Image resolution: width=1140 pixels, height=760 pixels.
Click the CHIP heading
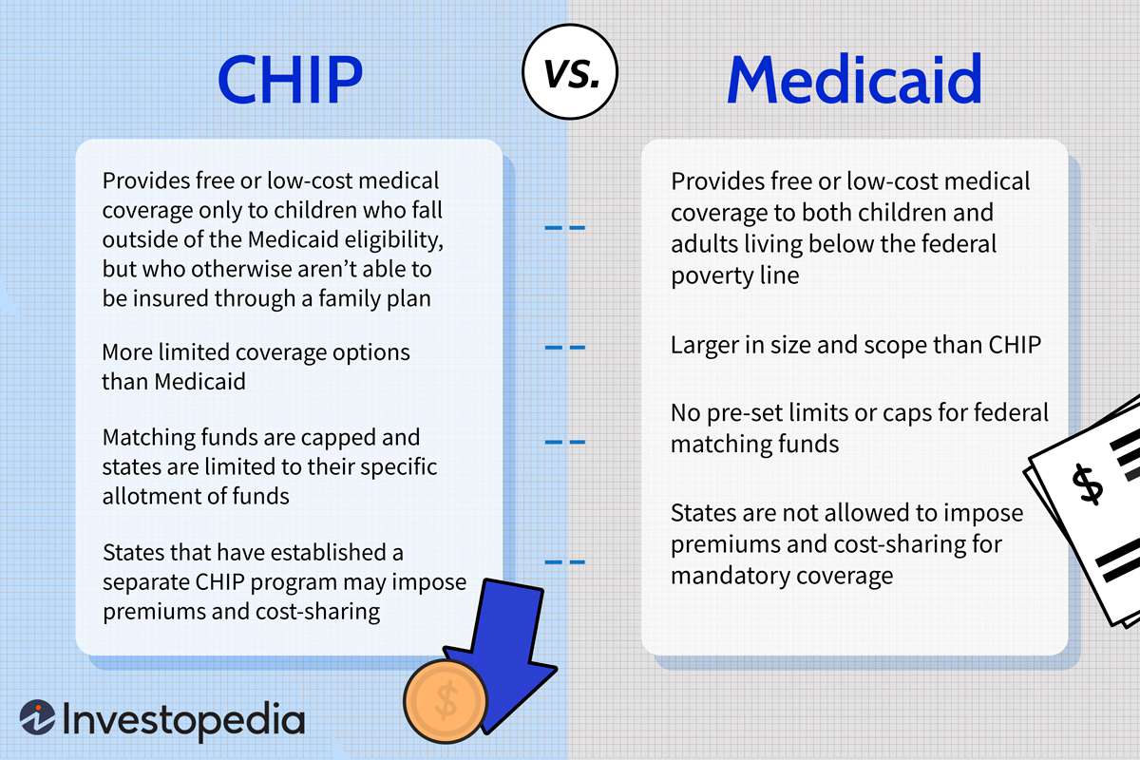coord(290,80)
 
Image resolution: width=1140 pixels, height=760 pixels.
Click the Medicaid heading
coord(855,79)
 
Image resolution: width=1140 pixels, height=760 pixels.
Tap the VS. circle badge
coord(570,72)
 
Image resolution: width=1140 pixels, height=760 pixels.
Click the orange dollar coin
coord(446,700)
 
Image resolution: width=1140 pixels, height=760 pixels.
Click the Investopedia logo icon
coord(38,717)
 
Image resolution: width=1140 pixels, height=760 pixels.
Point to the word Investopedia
coord(183,720)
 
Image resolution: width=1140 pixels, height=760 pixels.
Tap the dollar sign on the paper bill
coord(1087,485)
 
